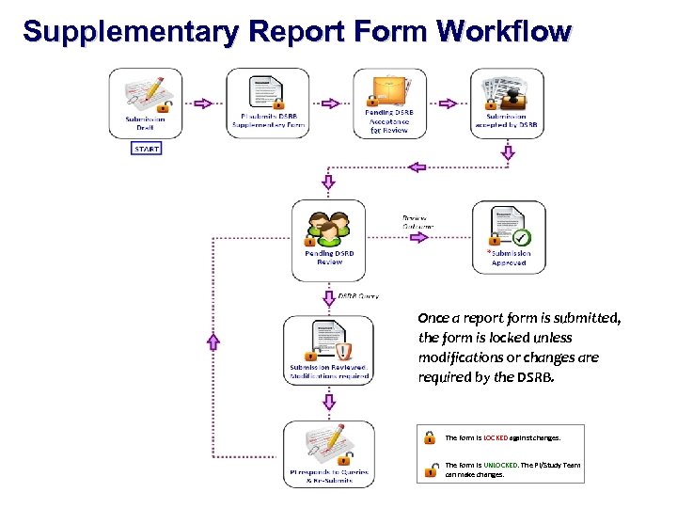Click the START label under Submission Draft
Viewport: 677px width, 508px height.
(x=147, y=149)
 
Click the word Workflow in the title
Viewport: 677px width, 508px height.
(x=503, y=31)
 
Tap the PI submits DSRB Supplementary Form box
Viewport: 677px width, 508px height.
(x=268, y=103)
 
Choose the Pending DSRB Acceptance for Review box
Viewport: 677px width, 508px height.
(x=387, y=103)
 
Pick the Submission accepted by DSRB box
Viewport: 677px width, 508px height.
(x=508, y=103)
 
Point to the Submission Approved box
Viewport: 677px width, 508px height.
(x=509, y=236)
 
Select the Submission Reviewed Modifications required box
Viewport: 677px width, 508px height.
(x=328, y=350)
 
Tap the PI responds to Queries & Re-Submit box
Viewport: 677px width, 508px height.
(x=328, y=453)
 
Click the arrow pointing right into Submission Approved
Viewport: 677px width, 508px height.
(x=418, y=237)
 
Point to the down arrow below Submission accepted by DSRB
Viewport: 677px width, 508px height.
(x=509, y=150)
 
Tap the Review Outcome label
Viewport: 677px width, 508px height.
(x=419, y=221)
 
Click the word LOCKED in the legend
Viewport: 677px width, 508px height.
(x=495, y=438)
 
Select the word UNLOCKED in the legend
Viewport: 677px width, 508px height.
(x=500, y=465)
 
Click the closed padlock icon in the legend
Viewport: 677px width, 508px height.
(x=429, y=437)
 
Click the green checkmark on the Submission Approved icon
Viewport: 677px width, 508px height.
(x=522, y=238)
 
